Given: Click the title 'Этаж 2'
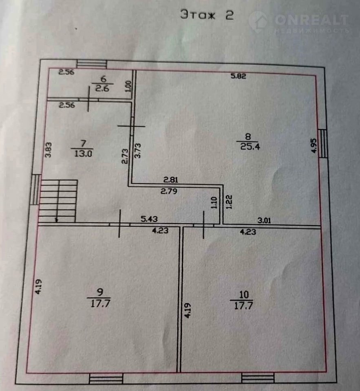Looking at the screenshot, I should (x=207, y=15).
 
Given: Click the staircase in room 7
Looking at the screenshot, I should (x=58, y=201).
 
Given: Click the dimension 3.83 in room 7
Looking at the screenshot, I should (x=48, y=149).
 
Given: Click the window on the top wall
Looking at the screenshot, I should (x=92, y=64).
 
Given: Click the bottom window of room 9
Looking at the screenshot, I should (x=106, y=379).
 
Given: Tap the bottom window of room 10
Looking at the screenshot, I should (x=258, y=378).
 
